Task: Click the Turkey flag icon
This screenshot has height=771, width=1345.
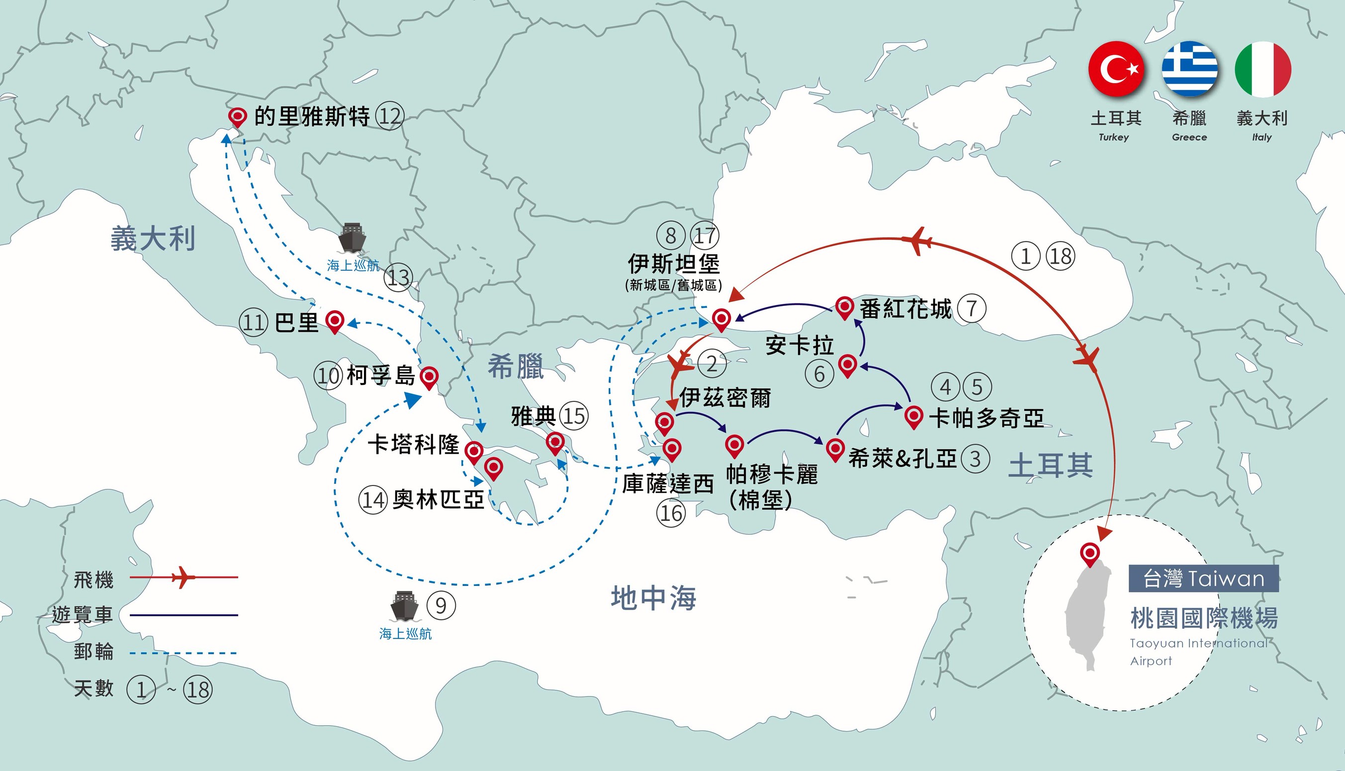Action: click(1116, 69)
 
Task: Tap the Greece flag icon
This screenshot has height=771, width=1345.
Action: click(1189, 69)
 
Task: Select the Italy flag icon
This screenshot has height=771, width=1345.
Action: click(1262, 69)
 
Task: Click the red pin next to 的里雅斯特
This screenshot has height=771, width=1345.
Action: click(237, 116)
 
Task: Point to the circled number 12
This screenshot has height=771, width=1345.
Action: click(390, 116)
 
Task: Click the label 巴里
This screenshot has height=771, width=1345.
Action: click(296, 322)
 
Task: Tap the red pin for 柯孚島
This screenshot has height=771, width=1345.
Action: click(429, 377)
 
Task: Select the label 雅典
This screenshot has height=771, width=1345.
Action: click(533, 416)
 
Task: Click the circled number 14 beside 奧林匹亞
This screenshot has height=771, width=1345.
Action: click(373, 500)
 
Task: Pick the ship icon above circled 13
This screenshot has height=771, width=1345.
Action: click(352, 238)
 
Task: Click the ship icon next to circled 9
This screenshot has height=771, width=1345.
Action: click(404, 606)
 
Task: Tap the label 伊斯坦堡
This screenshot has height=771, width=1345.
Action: click(673, 264)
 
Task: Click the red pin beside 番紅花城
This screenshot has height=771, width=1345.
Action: click(844, 307)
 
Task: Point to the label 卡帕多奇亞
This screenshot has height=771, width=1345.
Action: click(986, 418)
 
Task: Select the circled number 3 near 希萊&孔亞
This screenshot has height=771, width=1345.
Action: click(975, 459)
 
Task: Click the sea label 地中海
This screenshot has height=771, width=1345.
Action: click(653, 598)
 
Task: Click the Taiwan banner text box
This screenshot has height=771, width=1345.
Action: click(1204, 578)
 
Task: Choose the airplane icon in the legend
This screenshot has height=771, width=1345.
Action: click(183, 577)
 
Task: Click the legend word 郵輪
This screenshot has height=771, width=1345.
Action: click(93, 651)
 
